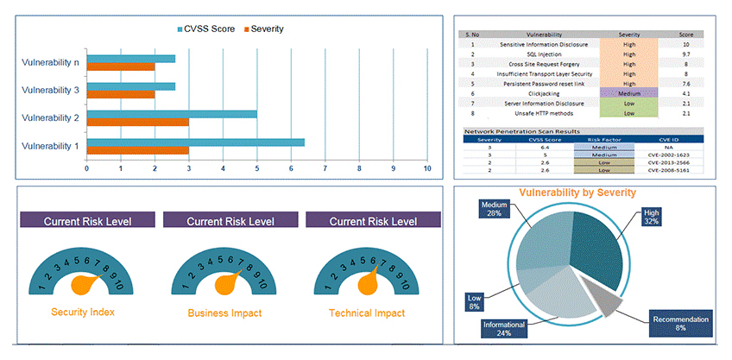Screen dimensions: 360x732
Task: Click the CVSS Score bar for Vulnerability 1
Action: click(x=195, y=142)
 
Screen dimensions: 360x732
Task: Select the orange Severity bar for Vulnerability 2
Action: click(x=137, y=122)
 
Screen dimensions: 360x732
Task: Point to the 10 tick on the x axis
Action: click(x=427, y=168)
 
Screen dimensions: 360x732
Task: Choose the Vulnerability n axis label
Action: click(x=50, y=61)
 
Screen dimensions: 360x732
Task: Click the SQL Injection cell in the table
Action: click(x=544, y=54)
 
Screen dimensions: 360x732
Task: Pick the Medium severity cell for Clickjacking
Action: click(x=628, y=92)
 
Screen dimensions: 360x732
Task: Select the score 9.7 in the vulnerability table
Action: click(x=685, y=54)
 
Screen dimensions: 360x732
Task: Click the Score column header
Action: click(x=685, y=34)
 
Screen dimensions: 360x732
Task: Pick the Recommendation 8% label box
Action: click(x=679, y=324)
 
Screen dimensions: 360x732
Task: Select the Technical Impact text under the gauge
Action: click(x=366, y=313)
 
